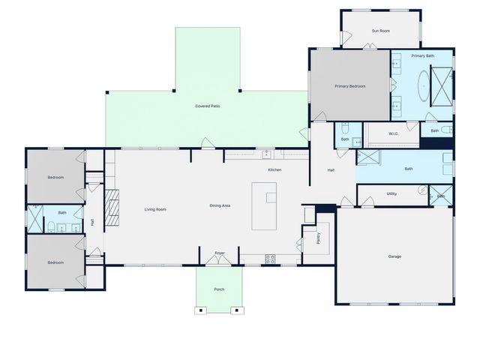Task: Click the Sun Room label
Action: click(381, 31)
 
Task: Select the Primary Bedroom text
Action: click(349, 86)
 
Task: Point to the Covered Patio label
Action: click(208, 106)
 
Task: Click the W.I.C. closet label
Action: click(394, 133)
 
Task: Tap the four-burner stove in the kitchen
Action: click(270, 259)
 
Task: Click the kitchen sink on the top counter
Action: click(265, 154)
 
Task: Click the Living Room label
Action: click(155, 209)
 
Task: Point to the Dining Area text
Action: click(220, 205)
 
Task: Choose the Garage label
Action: click(394, 256)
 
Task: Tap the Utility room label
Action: click(391, 193)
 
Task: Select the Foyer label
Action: click(220, 253)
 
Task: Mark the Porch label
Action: click(219, 289)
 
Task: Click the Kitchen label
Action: click(274, 170)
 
